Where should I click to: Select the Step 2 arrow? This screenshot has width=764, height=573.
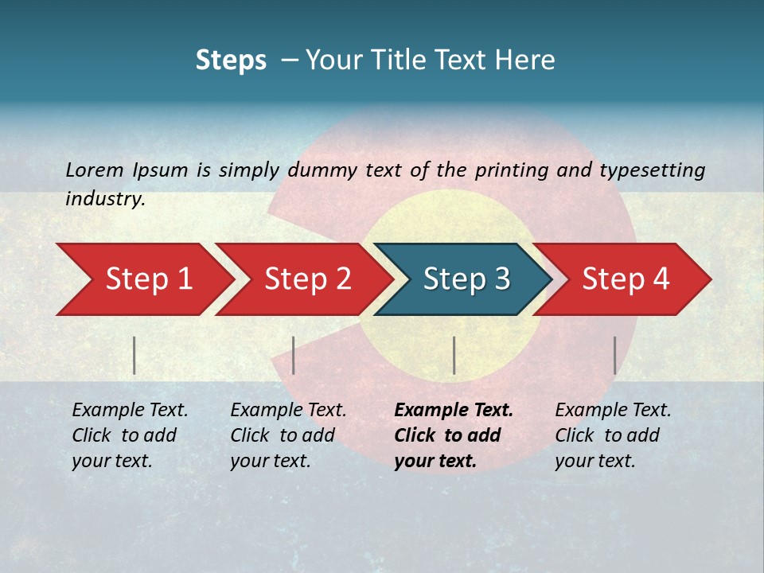(306, 279)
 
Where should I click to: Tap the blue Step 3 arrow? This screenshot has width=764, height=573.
(466, 279)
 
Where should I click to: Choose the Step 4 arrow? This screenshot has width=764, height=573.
(625, 279)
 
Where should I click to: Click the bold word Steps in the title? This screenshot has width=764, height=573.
(231, 60)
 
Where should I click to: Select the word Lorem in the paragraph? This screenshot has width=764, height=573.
(95, 170)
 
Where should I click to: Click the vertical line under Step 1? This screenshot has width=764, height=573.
(134, 355)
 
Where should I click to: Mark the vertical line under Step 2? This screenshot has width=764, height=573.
(294, 355)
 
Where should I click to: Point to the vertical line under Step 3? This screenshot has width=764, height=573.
(454, 355)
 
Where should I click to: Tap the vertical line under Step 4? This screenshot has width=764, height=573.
(614, 355)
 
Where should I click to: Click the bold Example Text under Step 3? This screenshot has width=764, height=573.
(454, 411)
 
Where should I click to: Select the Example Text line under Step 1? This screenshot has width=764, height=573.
(130, 411)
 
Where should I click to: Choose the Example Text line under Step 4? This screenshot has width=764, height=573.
(613, 411)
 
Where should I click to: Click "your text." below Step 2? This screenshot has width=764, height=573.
(270, 461)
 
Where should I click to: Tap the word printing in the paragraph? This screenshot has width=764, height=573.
(513, 170)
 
